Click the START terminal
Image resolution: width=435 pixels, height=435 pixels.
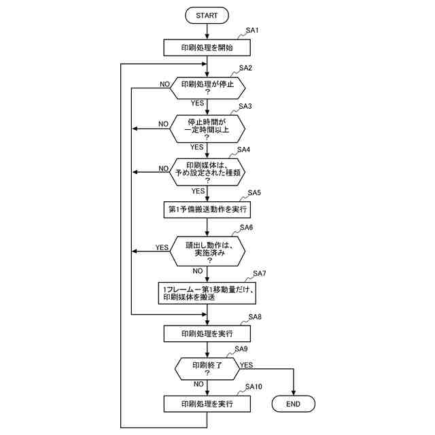(x=207, y=15)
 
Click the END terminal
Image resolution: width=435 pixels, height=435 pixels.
(x=294, y=404)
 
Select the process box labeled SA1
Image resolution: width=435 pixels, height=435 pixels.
(x=207, y=48)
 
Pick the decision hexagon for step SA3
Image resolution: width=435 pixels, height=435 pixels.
(x=207, y=127)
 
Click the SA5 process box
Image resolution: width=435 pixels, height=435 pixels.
(x=207, y=209)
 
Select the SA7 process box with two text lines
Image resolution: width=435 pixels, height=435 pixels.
(x=207, y=294)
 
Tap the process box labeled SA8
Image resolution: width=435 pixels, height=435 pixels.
(x=207, y=334)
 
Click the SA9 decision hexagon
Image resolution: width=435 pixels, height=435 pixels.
(x=207, y=369)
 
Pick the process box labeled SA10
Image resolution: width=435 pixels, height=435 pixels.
(x=207, y=404)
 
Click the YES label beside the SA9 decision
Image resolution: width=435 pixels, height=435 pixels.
(x=246, y=365)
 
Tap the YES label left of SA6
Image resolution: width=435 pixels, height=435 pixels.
(x=162, y=247)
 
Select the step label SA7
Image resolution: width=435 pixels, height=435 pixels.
(x=260, y=273)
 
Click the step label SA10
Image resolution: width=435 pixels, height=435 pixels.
(x=254, y=387)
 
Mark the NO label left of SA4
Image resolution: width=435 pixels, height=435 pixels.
(x=164, y=168)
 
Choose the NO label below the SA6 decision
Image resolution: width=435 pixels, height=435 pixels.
(x=198, y=271)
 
